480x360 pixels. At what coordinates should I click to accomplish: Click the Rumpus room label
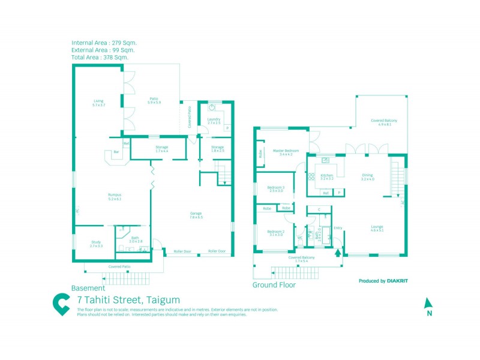point(115,197)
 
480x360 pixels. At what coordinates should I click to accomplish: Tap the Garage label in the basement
point(196,214)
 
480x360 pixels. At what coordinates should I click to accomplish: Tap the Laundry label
point(214,121)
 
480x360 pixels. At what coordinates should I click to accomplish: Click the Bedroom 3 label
point(275,189)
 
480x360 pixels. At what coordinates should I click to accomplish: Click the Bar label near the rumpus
point(116,152)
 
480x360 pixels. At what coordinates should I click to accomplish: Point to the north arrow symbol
point(428,305)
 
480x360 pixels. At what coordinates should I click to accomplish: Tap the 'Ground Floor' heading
point(274,285)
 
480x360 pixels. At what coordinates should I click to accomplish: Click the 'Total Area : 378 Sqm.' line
point(100,58)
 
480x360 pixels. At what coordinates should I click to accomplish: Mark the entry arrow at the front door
point(337,253)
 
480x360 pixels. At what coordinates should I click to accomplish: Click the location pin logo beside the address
point(61,304)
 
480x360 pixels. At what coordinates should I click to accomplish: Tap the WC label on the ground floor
point(299,238)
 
